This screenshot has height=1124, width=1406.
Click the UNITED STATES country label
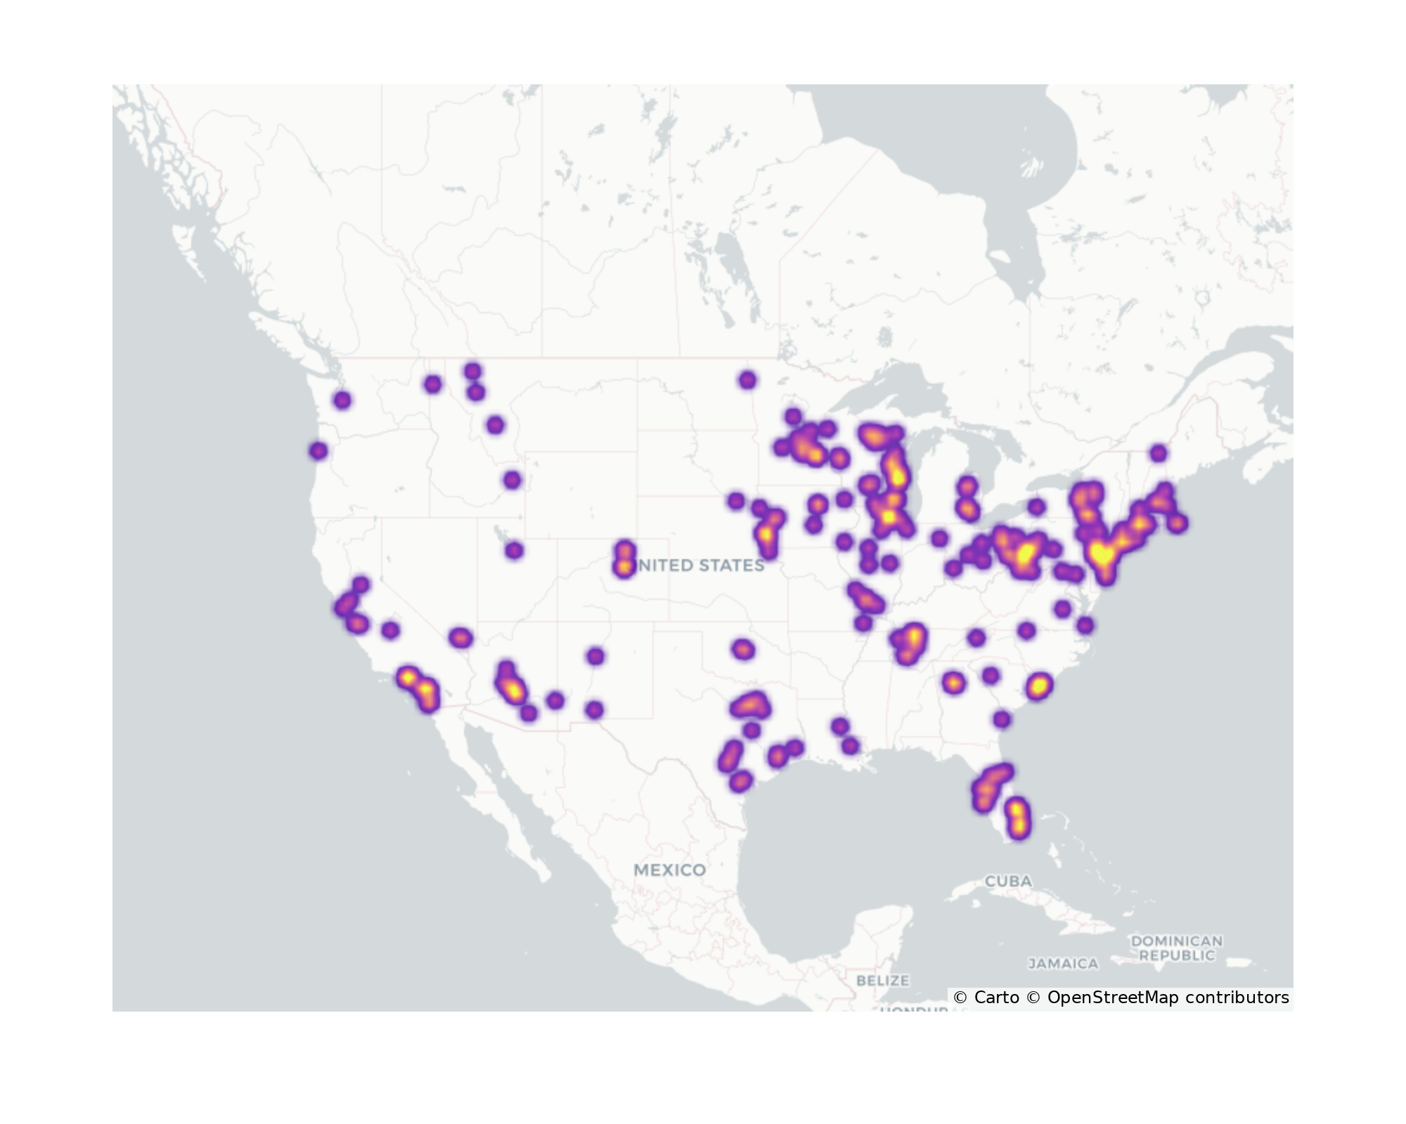699,566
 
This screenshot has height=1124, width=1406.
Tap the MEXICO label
669,870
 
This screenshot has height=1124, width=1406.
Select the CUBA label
1008,881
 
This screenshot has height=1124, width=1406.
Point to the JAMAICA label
1063,964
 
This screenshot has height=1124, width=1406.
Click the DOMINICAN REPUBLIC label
1177,948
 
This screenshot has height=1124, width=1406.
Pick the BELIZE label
883,980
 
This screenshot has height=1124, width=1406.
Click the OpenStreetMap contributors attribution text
1167,998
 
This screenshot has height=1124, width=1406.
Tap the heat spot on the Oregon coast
318,450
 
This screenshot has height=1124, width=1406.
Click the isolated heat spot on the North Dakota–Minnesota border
747,380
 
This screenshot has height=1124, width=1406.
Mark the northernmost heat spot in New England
1159,453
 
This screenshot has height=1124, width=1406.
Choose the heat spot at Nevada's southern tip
460,638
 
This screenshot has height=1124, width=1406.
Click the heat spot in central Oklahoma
743,650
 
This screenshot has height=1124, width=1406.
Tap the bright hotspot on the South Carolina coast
1039,686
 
